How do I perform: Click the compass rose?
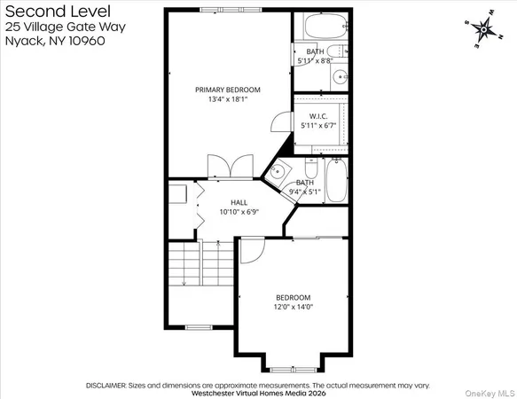pyautogui.click(x=482, y=30)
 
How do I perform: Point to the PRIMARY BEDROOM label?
pyautogui.click(x=228, y=90)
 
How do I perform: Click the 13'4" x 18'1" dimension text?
pyautogui.click(x=228, y=99)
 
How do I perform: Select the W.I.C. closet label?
pyautogui.click(x=319, y=116)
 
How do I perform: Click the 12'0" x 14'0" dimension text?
pyautogui.click(x=293, y=307)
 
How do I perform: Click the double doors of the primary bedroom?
pyautogui.click(x=221, y=167)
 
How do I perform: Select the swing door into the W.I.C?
pyautogui.click(x=281, y=124)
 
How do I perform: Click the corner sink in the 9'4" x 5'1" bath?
pyautogui.click(x=278, y=172)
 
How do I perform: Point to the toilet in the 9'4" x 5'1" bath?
pyautogui.click(x=311, y=168)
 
